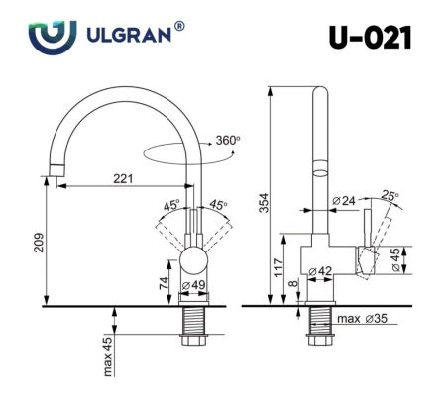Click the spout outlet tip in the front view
coord(52,177)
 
